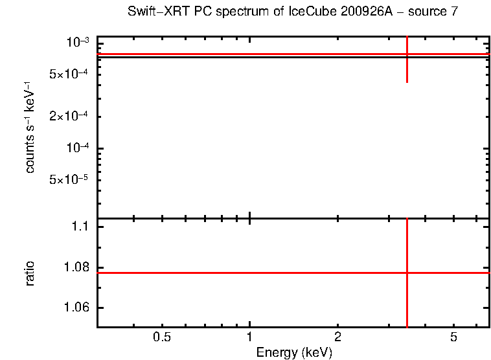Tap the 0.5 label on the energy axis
pyautogui.click(x=162, y=337)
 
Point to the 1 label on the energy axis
pyautogui.click(x=250, y=337)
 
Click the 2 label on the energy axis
pyautogui.click(x=337, y=337)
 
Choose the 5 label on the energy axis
pyautogui.click(x=453, y=337)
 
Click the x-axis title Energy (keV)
pyautogui.click(x=294, y=352)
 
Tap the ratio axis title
pyautogui.click(x=30, y=273)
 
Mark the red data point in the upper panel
pyautogui.click(x=407, y=54)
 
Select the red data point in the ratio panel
pyautogui.click(x=407, y=273)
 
